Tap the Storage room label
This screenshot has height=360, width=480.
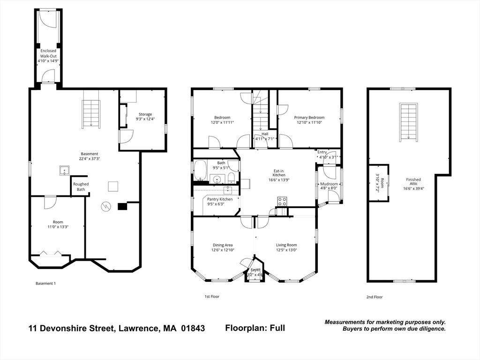pos(145,114)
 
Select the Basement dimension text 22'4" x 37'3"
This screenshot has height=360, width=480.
pos(90,159)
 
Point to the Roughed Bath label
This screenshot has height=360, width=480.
pos(81,187)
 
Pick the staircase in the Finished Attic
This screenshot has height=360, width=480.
pos(408,122)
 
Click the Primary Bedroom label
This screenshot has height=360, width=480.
pos(309,118)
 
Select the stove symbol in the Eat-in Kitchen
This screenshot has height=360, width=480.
pos(282,202)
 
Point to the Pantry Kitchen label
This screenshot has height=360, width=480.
pos(219,199)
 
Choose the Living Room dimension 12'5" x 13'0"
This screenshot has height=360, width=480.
pos(286,250)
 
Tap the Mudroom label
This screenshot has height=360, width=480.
pos(329,184)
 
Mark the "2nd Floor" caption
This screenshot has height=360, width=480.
pos(375,297)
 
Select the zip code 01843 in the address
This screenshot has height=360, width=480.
pos(192,329)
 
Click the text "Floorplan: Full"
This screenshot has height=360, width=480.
pos(255,328)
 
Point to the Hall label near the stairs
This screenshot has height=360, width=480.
pos(265,134)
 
